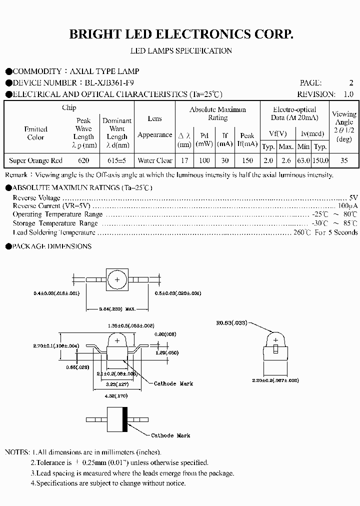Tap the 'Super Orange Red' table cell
(x=36, y=160)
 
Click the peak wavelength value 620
(x=83, y=160)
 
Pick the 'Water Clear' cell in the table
(x=155, y=160)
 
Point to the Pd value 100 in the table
(x=204, y=160)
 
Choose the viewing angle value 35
(x=344, y=160)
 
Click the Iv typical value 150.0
(x=320, y=160)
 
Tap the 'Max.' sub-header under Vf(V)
(x=286, y=146)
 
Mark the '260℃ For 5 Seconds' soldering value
(x=325, y=232)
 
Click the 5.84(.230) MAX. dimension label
(x=117, y=309)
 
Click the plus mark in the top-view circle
(x=117, y=280)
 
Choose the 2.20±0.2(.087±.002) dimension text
(x=275, y=380)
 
